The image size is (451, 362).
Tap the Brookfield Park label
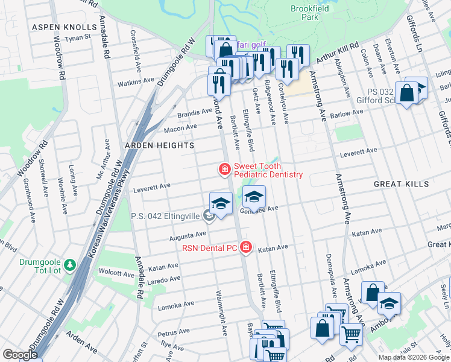pyautogui.click(x=304, y=13)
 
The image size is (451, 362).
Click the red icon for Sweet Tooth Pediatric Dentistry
pyautogui.click(x=225, y=170)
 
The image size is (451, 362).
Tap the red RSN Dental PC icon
pyautogui.click(x=245, y=247)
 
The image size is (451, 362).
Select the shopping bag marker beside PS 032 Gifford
pyautogui.click(x=407, y=94)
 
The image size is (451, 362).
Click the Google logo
pyautogui.click(x=20, y=355)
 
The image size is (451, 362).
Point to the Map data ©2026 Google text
pyautogui.click(x=413, y=357)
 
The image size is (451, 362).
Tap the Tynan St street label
pyautogui.click(x=77, y=37)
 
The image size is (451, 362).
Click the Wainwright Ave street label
pyautogui.click(x=221, y=313)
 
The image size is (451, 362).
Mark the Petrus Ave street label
pyautogui.click(x=174, y=332)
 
